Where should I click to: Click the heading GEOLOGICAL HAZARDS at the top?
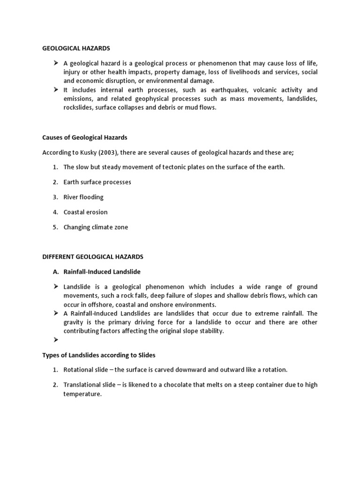pyautogui.click(x=76, y=48)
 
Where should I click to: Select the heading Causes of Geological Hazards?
pyautogui.click(x=84, y=137)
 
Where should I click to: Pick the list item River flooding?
pyautogui.click(x=83, y=197)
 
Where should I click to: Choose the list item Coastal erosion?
pyautogui.click(x=85, y=212)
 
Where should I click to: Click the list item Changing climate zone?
pyautogui.click(x=96, y=227)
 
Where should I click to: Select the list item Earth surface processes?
pyautogui.click(x=97, y=182)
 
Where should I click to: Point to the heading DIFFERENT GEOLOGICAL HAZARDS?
pyautogui.click(x=92, y=257)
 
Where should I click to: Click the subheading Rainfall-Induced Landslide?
pyautogui.click(x=102, y=272)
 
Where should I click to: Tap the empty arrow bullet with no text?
pyautogui.click(x=56, y=340)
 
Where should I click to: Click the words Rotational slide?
pyautogui.click(x=86, y=370)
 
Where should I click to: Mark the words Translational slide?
pyautogui.click(x=90, y=385)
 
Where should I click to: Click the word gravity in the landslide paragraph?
pyautogui.click(x=75, y=322)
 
